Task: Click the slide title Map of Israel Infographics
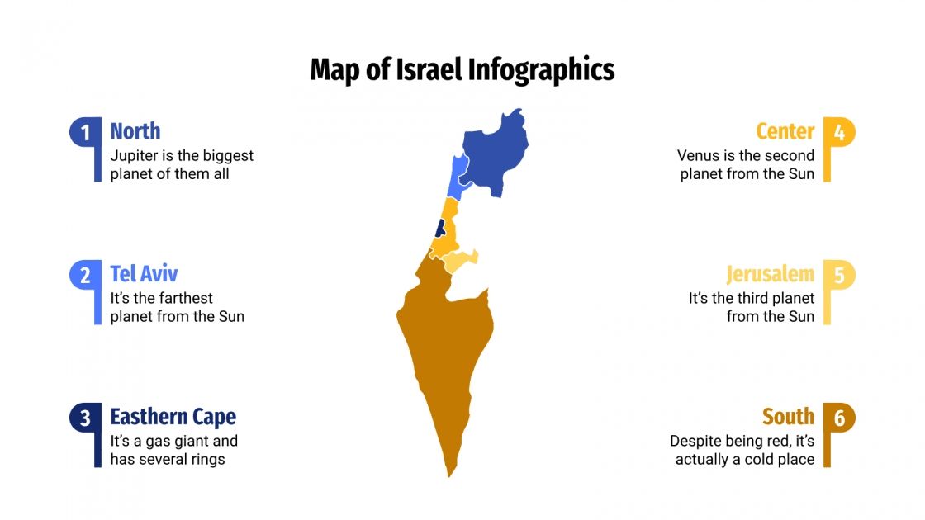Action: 462,69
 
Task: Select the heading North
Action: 135,131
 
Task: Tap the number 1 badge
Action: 85,132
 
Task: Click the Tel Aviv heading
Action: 144,274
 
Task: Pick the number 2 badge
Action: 85,275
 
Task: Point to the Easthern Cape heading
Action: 173,417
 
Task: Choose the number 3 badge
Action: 85,418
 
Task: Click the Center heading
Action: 785,131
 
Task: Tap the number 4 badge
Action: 839,132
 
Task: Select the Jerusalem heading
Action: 770,274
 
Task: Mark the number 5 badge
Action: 839,275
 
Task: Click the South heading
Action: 788,417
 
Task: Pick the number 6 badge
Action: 839,418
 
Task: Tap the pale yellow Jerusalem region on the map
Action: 460,261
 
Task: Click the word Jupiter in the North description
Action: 135,155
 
